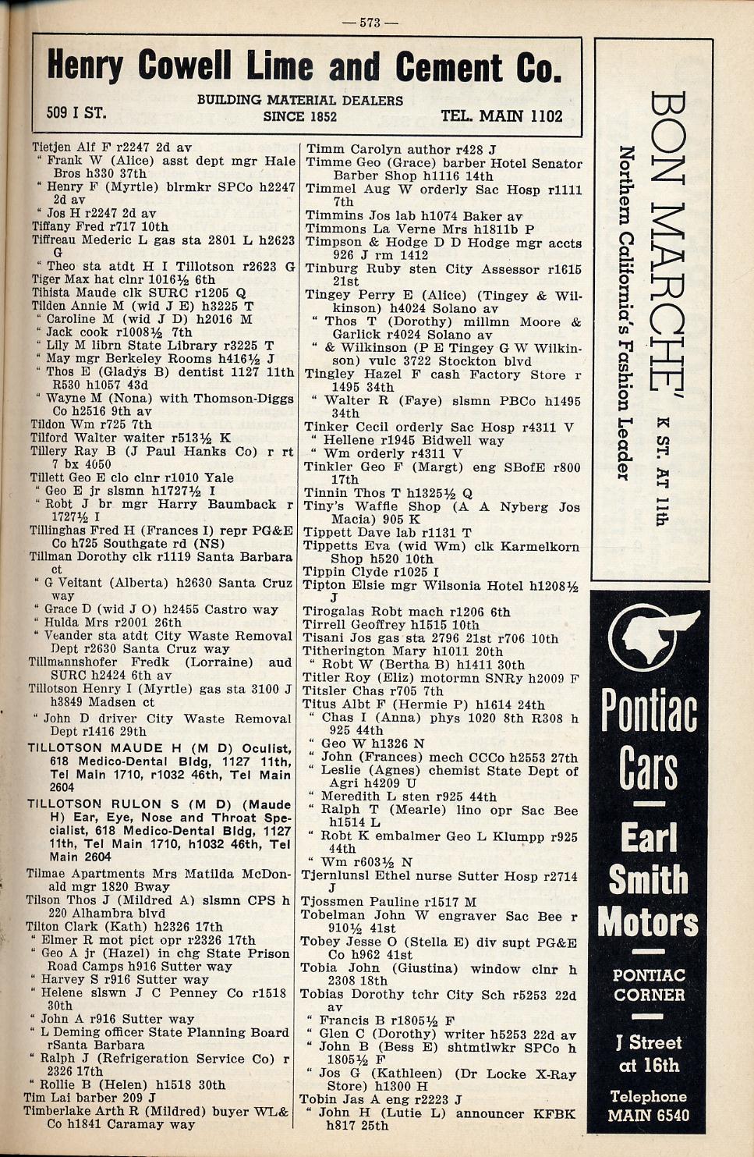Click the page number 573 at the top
tap(370, 23)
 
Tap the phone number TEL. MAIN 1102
tap(501, 116)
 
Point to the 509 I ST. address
tap(76, 113)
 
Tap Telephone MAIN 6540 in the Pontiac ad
tap(648, 1106)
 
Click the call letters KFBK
tap(553, 1113)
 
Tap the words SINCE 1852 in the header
tap(299, 117)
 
